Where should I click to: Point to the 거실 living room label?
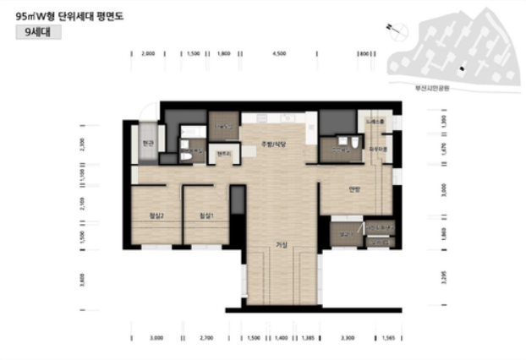pyautogui.click(x=282, y=245)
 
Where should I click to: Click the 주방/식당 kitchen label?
pyautogui.click(x=275, y=144)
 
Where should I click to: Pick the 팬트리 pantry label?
pyautogui.click(x=224, y=153)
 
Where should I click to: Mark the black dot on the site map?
pyautogui.click(x=461, y=68)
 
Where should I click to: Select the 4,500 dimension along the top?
pyautogui.click(x=279, y=53)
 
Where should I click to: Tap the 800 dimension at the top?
pyautogui.click(x=364, y=53)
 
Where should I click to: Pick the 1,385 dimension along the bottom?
pyautogui.click(x=308, y=337)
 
